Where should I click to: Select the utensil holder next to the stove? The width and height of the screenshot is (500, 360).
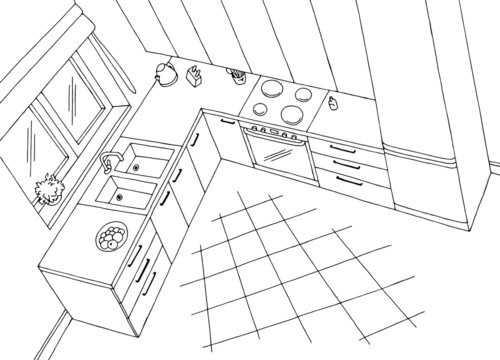[x=237, y=76]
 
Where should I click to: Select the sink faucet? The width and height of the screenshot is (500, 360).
[x=110, y=160]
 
